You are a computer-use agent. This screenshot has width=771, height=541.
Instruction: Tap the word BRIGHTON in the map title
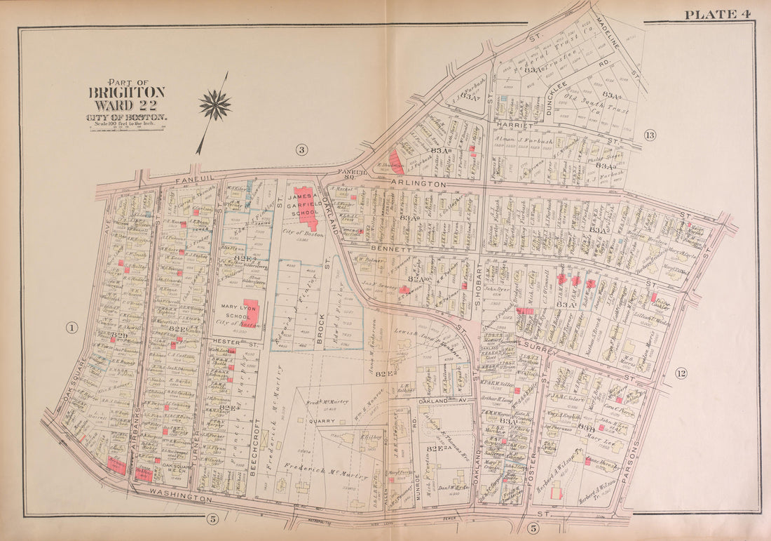[x=127, y=92]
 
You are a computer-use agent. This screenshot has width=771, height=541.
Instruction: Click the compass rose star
[x=214, y=106]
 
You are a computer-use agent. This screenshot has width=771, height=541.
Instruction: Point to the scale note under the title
[x=127, y=123]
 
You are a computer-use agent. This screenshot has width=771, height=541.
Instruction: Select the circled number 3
[x=301, y=149]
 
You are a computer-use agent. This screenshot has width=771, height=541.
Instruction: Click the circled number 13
[x=650, y=135]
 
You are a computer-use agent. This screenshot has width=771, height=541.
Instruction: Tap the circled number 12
[x=681, y=373]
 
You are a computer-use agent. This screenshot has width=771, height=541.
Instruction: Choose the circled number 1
[x=72, y=327]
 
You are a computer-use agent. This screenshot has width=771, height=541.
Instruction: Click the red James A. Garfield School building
[x=306, y=204]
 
